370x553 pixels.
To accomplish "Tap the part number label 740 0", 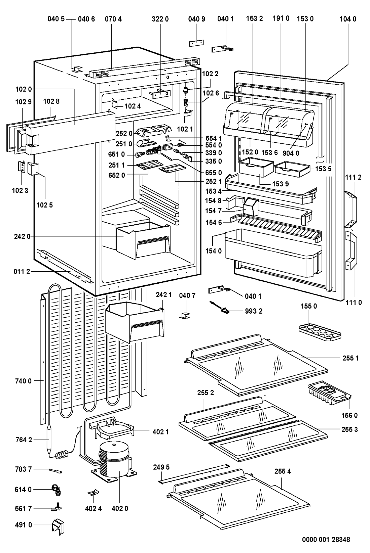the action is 23,381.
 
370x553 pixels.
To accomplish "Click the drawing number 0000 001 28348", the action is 326,540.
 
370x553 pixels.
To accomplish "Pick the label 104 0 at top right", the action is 348,19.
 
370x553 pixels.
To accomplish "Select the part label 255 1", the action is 350,358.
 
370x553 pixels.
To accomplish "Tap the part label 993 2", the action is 254,311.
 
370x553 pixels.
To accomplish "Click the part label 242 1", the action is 164,295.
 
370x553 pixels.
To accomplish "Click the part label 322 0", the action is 160,19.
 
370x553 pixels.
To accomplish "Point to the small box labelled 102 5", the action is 33,168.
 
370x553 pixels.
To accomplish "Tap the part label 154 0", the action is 214,251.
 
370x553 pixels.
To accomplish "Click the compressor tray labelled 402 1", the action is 111,429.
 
